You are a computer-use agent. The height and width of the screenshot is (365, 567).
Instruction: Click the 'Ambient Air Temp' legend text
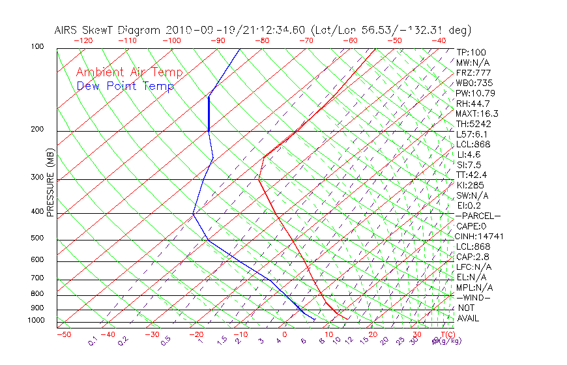point(129,72)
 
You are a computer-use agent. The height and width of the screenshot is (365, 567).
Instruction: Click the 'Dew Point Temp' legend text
point(125,86)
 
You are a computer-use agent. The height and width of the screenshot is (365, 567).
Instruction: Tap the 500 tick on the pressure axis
point(37,238)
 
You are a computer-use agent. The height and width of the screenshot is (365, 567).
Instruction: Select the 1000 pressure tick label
point(35,320)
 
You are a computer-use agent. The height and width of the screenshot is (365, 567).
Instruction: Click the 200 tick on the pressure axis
point(37,129)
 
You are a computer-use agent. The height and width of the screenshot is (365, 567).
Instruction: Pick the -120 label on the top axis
point(83,40)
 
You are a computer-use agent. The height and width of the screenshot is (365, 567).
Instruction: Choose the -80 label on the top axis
point(262,40)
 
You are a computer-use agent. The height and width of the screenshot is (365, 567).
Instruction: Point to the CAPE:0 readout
point(472,226)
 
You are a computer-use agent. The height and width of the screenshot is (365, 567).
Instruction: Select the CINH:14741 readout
point(480,237)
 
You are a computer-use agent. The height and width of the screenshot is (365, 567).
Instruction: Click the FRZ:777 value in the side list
point(474,73)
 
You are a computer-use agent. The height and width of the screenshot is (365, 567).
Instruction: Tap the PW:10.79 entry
point(476,93)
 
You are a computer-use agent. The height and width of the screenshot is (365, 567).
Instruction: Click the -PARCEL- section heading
point(478,216)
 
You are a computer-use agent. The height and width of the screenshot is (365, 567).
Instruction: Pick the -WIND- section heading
point(474,297)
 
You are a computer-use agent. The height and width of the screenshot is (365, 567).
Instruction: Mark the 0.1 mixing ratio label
point(93,341)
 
